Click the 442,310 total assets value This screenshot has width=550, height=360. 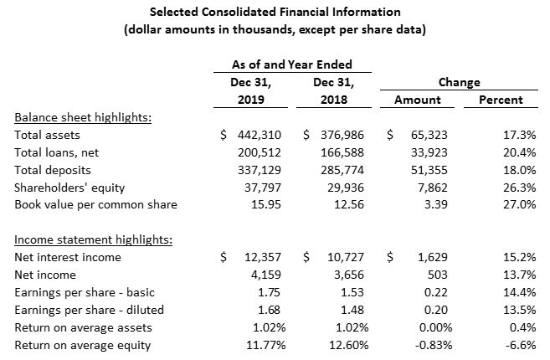[x=260, y=135]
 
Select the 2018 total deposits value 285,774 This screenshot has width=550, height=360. [x=342, y=170]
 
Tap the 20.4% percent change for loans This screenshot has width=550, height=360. [x=520, y=152]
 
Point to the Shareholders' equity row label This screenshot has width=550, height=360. [x=69, y=188]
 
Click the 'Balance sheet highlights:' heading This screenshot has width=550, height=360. [x=83, y=117]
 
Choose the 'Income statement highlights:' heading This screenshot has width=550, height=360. [x=93, y=239]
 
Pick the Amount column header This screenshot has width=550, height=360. [x=418, y=100]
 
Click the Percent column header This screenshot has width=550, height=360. [x=501, y=100]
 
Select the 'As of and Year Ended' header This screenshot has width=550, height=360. [x=292, y=64]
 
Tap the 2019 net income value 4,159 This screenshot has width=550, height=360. [x=266, y=275]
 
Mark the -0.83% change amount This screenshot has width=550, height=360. [x=434, y=345]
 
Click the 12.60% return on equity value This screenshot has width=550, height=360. [x=348, y=345]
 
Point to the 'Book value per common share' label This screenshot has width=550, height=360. [x=95, y=204]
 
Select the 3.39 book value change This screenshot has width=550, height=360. [x=436, y=204]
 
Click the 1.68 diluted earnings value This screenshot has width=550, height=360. [x=269, y=310]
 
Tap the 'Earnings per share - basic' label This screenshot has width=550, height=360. [x=85, y=293]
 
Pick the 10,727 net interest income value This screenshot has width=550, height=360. [x=346, y=257]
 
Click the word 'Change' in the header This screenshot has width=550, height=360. [x=459, y=82]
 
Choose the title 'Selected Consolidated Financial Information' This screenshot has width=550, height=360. [x=275, y=12]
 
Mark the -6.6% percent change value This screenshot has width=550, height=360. [x=521, y=345]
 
